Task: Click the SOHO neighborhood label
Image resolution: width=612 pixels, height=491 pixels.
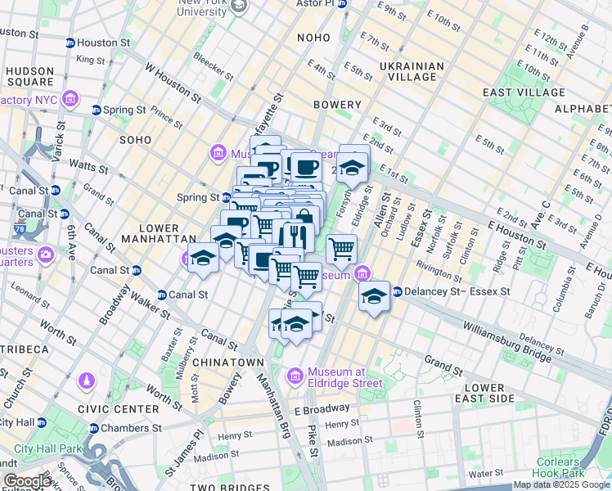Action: click(135, 140)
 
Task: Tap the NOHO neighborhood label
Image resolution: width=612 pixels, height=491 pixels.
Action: click(313, 38)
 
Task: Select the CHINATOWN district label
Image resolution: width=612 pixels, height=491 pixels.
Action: click(228, 362)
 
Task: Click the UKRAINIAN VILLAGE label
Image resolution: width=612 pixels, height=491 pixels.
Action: click(412, 73)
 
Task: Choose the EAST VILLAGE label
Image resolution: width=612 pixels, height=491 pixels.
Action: click(514, 92)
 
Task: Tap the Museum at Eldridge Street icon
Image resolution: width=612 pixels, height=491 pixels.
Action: click(295, 375)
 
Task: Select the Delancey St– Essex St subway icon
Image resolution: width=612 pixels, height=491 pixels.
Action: click(397, 291)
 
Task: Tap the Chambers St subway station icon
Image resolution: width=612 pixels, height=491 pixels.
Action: click(93, 428)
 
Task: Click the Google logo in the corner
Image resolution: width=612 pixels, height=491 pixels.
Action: click(27, 481)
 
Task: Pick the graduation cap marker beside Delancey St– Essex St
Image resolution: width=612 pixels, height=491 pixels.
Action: click(374, 296)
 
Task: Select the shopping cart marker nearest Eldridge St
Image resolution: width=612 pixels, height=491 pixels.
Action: click(341, 247)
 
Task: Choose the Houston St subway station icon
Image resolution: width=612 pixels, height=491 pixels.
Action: click(70, 42)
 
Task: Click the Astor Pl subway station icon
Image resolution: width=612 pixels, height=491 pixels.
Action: click(342, 4)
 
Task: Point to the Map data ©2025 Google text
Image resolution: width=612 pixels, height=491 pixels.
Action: click(560, 485)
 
